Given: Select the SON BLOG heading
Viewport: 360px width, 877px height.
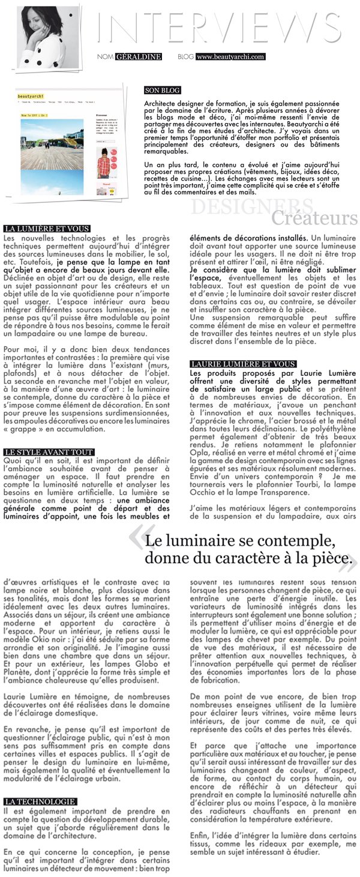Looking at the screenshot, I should (163, 91).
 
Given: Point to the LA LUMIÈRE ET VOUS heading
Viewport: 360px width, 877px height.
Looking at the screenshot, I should (46, 229).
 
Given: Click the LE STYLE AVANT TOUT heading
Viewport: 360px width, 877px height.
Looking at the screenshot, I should (48, 451).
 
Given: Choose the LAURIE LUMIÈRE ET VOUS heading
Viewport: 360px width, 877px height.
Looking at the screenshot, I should (242, 364).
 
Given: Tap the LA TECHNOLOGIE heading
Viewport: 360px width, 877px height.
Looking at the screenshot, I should (40, 801).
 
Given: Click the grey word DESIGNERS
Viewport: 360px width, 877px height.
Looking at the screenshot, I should (236, 207).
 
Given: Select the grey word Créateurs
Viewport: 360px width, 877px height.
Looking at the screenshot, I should (314, 218).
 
